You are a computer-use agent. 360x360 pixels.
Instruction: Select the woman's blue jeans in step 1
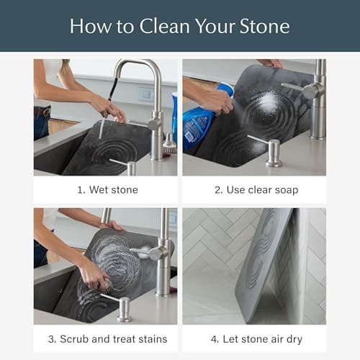coord(42,122)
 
